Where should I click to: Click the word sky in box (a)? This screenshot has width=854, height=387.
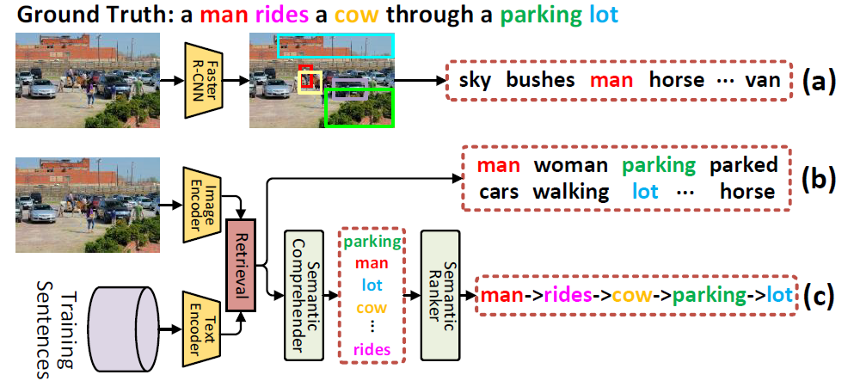coord(476,81)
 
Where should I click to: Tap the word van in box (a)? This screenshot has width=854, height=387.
coord(764,81)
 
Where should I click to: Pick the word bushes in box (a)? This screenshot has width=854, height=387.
coord(540,81)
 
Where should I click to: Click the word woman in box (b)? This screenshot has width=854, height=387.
coord(570,165)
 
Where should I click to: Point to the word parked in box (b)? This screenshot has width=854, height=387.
coord(743,165)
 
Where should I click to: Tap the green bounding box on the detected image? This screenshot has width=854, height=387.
coord(359,107)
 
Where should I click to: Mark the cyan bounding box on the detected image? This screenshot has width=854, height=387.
coord(335,46)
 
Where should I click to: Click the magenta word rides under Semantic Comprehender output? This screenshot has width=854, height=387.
coord(372,349)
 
